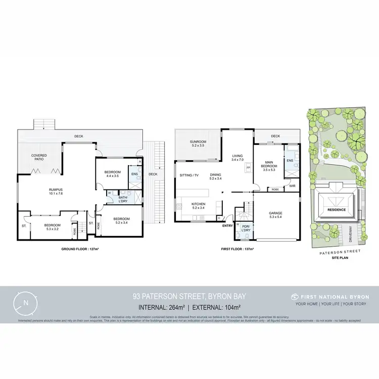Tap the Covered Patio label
39,157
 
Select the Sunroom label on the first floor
195,143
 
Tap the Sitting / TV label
189,175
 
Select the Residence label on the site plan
336,209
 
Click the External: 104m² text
215,307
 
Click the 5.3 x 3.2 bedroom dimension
53,228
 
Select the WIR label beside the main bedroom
292,186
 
